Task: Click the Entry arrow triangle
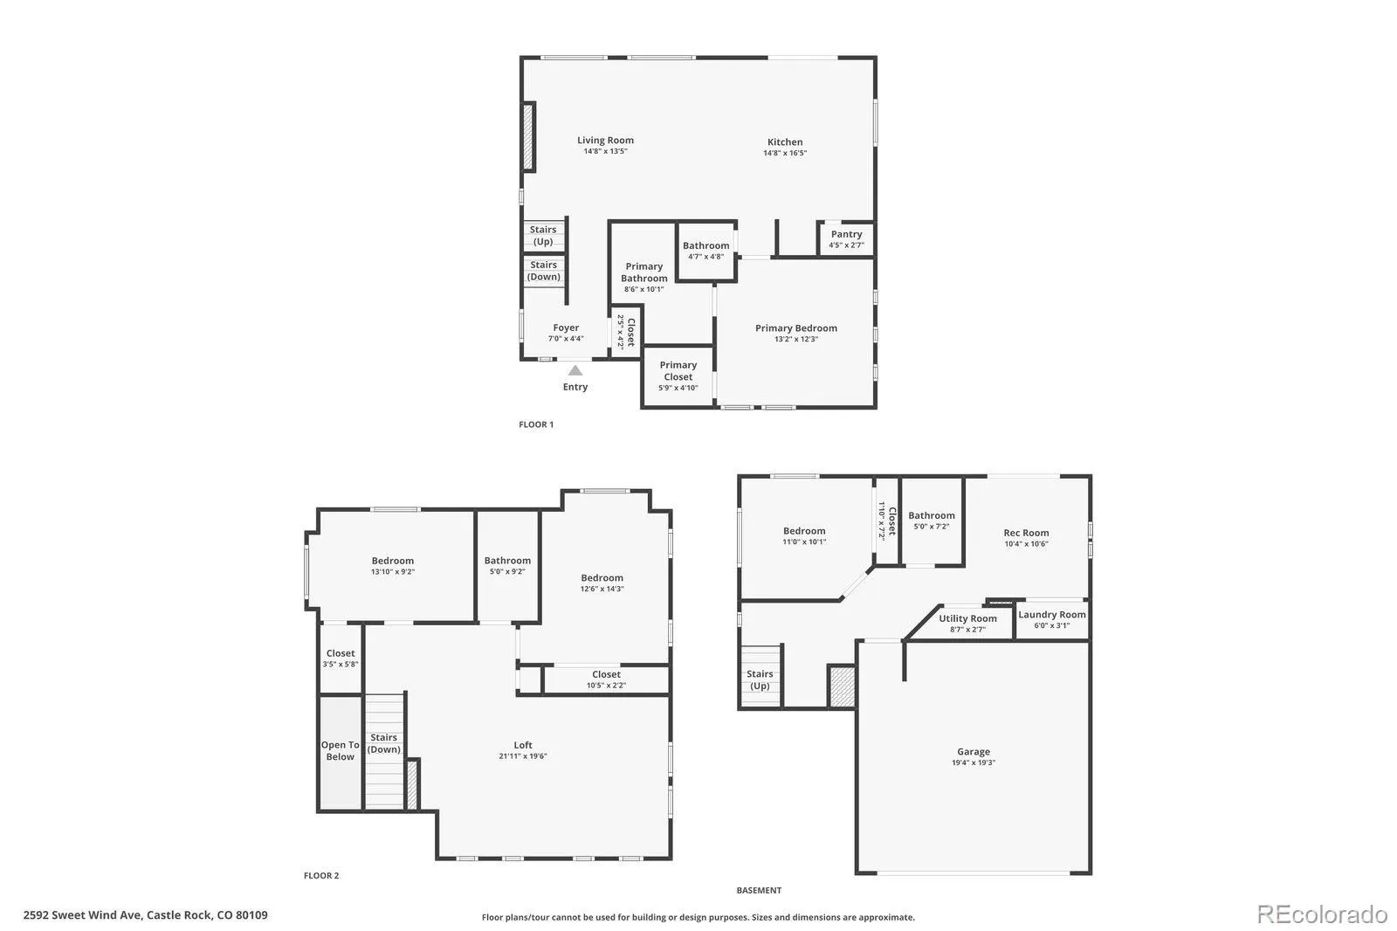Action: (575, 370)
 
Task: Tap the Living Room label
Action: (605, 140)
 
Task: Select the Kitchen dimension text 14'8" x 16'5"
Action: (784, 153)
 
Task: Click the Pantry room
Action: (846, 238)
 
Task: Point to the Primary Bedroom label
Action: (795, 328)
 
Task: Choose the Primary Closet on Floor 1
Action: (678, 376)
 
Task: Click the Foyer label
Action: (566, 328)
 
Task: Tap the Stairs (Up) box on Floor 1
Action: (543, 236)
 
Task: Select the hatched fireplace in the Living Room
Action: (528, 136)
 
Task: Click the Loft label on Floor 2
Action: (523, 745)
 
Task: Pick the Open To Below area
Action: (340, 751)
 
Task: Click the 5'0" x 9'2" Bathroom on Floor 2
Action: (507, 565)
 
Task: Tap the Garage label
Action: (973, 751)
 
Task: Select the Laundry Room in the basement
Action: (1051, 619)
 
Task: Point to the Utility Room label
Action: (967, 618)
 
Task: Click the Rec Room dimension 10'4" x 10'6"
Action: (1026, 543)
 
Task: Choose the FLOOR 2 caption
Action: (321, 875)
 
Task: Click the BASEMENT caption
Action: (759, 890)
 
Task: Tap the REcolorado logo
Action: (1321, 914)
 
